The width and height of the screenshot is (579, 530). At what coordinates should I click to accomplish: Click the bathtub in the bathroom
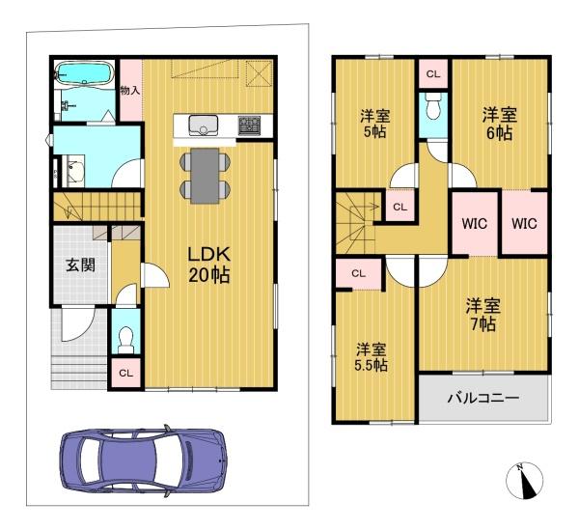tap(85, 73)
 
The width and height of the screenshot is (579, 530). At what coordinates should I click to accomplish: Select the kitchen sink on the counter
tap(204, 124)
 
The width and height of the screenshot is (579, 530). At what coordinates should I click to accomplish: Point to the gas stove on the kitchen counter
tap(250, 125)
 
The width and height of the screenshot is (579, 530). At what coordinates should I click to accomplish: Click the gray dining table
tap(205, 175)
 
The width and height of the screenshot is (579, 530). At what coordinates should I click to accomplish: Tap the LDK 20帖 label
tap(208, 265)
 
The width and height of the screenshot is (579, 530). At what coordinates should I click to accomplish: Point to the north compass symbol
tap(525, 479)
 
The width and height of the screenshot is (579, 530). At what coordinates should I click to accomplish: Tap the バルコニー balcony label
tap(482, 398)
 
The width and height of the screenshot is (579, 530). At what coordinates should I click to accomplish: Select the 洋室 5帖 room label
tap(374, 125)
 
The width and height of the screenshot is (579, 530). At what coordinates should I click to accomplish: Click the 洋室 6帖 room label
tap(499, 123)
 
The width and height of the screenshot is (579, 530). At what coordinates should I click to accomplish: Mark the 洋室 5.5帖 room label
tap(371, 357)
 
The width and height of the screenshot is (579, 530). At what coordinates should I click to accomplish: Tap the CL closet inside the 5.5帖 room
tap(358, 274)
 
